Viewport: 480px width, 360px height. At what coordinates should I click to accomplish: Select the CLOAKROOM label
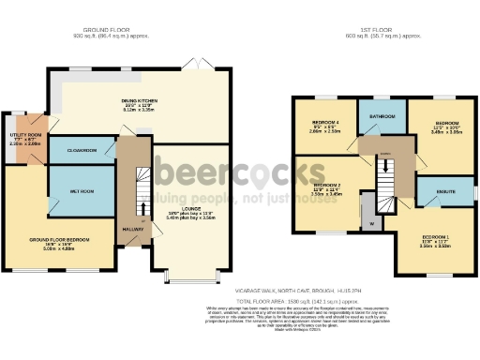coord(81,150)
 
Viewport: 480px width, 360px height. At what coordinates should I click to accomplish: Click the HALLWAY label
coord(131,227)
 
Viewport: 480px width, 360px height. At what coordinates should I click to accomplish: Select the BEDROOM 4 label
coord(324,123)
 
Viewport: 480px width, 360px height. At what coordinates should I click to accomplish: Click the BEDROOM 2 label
coord(326,187)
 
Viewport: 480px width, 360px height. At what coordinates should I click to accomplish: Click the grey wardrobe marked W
coord(371,224)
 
